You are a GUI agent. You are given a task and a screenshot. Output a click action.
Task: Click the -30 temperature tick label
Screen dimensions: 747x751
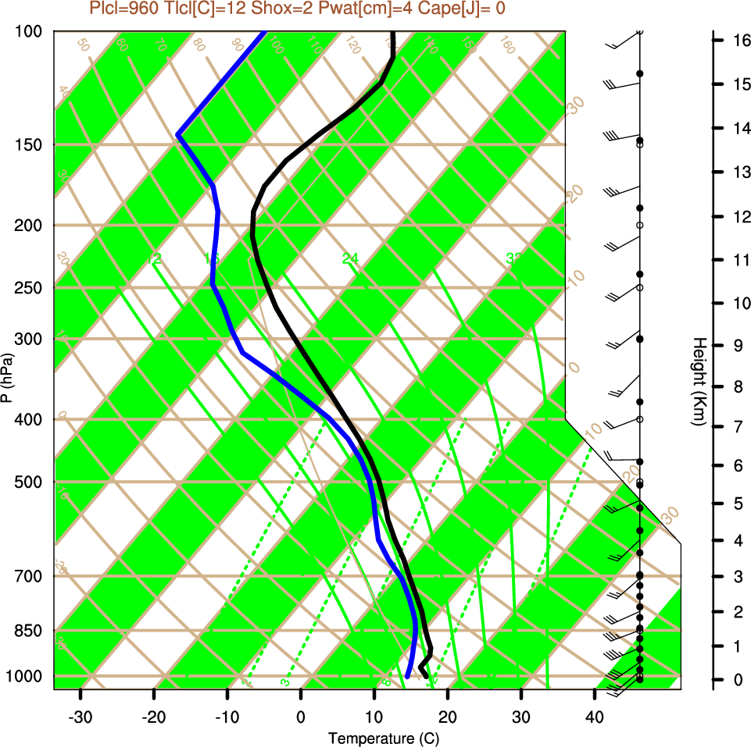pos(80,717)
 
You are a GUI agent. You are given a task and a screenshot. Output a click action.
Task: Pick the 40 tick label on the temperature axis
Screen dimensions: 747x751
pos(595,717)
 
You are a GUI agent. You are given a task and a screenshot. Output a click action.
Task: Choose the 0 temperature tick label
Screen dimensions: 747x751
pos(301,717)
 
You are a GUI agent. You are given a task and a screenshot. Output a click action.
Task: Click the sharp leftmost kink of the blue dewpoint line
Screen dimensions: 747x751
pos(178,135)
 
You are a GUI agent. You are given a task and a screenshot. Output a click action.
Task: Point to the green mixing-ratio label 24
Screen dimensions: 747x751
pos(349,258)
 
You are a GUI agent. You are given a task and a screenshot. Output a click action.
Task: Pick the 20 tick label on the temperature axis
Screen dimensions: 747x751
pos(447,717)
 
